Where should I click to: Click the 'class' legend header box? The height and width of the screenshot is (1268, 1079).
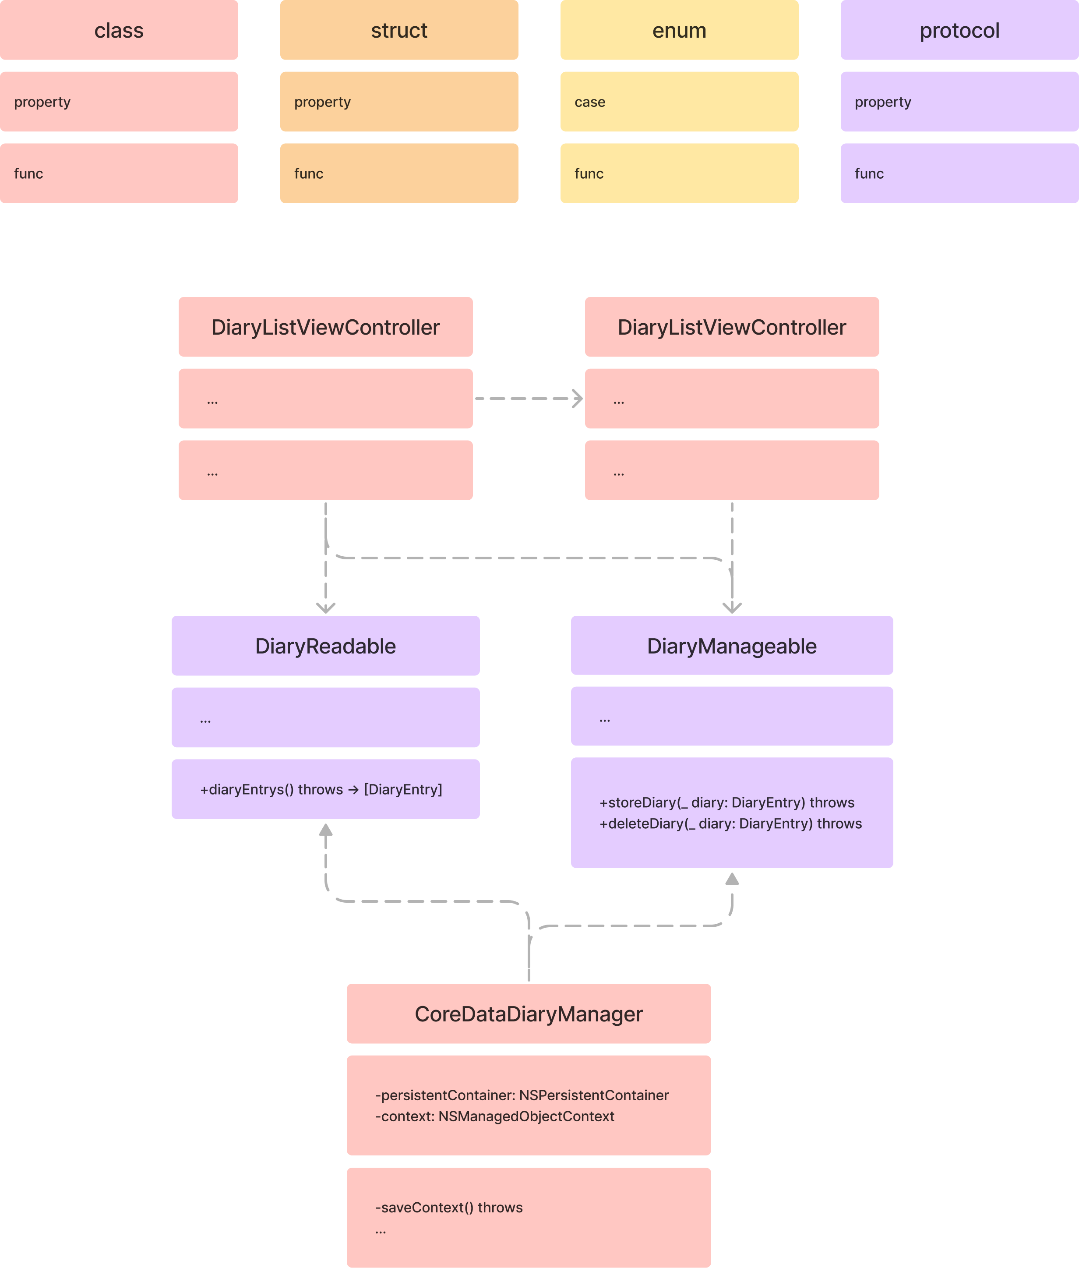pyautogui.click(x=119, y=30)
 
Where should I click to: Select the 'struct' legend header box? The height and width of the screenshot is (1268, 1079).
pyautogui.click(x=399, y=30)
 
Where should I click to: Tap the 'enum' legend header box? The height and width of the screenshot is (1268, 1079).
pyautogui.click(x=679, y=30)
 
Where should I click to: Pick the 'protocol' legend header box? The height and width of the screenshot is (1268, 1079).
pyautogui.click(x=959, y=30)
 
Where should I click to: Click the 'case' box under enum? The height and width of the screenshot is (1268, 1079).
pyautogui.click(x=679, y=102)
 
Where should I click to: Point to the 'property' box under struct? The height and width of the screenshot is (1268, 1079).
pyautogui.click(x=399, y=102)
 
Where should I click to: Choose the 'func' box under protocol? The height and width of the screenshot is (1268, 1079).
pyautogui.click(x=959, y=173)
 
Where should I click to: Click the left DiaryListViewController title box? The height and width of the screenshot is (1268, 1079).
pyautogui.click(x=325, y=327)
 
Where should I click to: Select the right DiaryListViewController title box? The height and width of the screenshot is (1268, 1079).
pyautogui.click(x=732, y=327)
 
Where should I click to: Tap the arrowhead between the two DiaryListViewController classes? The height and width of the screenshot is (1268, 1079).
pyautogui.click(x=578, y=399)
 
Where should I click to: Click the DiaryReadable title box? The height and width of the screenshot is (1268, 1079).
pyautogui.click(x=325, y=646)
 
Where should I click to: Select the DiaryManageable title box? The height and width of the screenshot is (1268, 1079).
pyautogui.click(x=732, y=646)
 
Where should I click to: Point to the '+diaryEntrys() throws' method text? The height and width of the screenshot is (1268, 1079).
pyautogui.click(x=321, y=790)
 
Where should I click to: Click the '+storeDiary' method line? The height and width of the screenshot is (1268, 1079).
pyautogui.click(x=726, y=802)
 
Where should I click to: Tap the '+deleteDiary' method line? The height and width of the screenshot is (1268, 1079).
pyautogui.click(x=730, y=824)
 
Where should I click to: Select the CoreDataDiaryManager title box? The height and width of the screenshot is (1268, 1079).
pyautogui.click(x=529, y=1014)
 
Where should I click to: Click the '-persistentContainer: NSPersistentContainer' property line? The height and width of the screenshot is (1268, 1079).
pyautogui.click(x=522, y=1095)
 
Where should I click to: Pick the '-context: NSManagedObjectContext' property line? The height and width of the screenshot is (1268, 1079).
pyautogui.click(x=494, y=1116)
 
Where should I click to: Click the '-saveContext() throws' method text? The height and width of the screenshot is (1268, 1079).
pyautogui.click(x=448, y=1208)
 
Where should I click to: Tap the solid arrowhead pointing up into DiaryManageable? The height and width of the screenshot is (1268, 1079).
pyautogui.click(x=732, y=879)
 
